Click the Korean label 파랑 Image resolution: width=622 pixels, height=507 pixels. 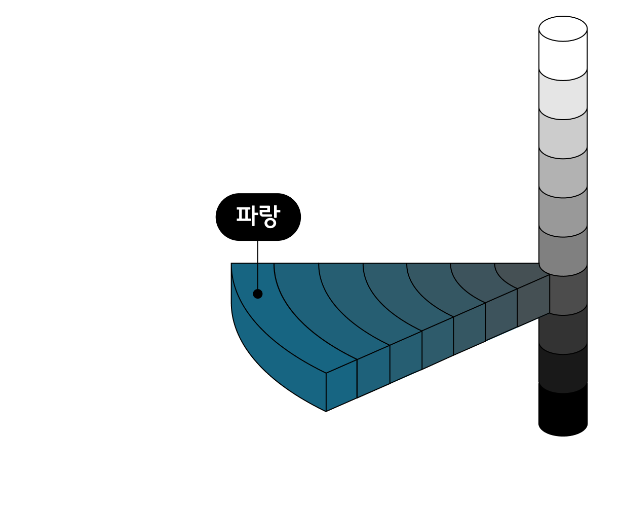coord(258,216)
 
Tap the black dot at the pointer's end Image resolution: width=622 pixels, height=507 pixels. coord(258,294)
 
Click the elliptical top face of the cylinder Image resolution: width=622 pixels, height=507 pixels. coord(563,28)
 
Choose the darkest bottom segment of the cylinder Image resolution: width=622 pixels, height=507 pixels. coord(563,373)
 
